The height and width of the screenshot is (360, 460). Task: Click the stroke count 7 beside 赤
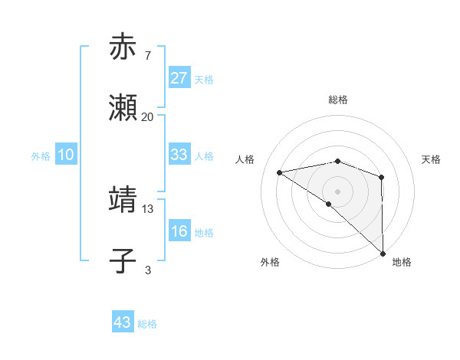pyautogui.click(x=147, y=55)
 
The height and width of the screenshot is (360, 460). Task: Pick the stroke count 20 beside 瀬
pyautogui.click(x=148, y=117)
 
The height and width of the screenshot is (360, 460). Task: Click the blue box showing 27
pyautogui.click(x=179, y=79)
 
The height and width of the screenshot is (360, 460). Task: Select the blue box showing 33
pyautogui.click(x=179, y=155)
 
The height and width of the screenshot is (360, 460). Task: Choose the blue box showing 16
pyautogui.click(x=179, y=231)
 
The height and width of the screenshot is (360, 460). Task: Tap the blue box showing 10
pyautogui.click(x=66, y=155)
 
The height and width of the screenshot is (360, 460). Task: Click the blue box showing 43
pyautogui.click(x=123, y=322)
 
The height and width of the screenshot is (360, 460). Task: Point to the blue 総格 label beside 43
pyautogui.click(x=147, y=324)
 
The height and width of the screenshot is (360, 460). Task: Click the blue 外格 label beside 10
pyautogui.click(x=41, y=156)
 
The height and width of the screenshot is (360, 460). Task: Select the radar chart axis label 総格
pyautogui.click(x=338, y=100)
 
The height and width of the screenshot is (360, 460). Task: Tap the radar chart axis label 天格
pyautogui.click(x=432, y=159)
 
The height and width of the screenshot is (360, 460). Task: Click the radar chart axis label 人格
pyautogui.click(x=245, y=159)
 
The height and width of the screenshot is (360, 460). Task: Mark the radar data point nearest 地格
pyautogui.click(x=383, y=254)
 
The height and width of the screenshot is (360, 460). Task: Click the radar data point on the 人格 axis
pyautogui.click(x=280, y=172)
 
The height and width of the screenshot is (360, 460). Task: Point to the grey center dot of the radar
pyautogui.click(x=338, y=191)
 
